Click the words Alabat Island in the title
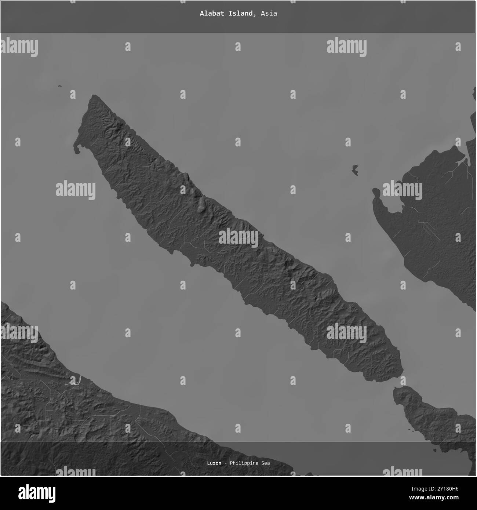click(226, 14)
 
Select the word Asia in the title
click(269, 14)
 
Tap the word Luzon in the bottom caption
click(214, 463)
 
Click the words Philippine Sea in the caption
click(250, 463)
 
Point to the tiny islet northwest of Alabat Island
click(59, 87)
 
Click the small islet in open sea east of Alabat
click(355, 170)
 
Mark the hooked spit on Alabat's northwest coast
click(76, 148)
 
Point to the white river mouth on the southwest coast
click(73, 382)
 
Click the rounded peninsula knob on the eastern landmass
click(376, 192)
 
